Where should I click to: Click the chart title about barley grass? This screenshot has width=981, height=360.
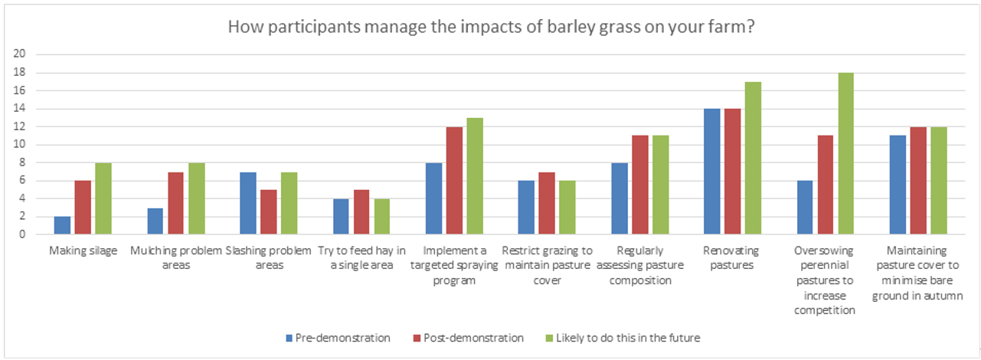490,28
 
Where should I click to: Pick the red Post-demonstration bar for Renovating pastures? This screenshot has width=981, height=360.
733,172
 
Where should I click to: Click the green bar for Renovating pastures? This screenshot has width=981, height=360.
753,158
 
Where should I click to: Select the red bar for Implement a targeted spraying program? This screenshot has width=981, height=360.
455,181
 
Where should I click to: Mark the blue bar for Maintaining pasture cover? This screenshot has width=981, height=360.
898,185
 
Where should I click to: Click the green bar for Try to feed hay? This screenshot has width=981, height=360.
381,216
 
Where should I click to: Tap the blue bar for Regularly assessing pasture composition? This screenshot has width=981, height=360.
620,198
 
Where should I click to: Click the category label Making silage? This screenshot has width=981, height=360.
83,250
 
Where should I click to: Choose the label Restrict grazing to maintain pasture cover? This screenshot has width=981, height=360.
547,265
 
